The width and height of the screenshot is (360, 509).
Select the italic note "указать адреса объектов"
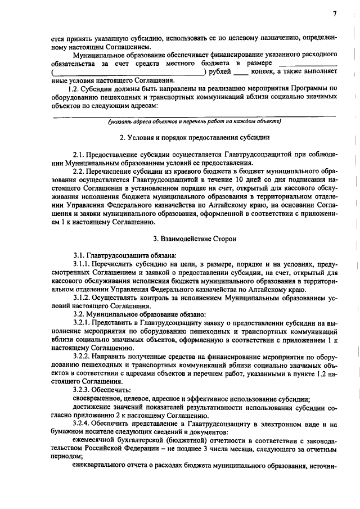tap(143, 121)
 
